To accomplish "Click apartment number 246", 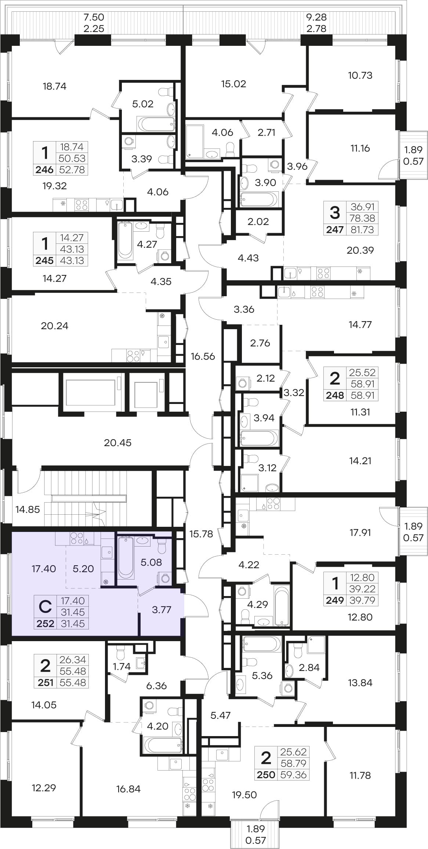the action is [x=44, y=170].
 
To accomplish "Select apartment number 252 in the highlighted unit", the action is [x=46, y=623].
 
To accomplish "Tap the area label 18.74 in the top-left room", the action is [x=54, y=86].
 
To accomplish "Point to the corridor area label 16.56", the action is [x=203, y=356].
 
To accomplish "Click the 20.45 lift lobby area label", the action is [x=117, y=442].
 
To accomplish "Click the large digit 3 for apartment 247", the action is [x=335, y=213].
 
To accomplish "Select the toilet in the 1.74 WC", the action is [x=120, y=653].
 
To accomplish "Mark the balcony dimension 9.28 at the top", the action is [x=316, y=17].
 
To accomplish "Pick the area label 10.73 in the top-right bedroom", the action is [x=360, y=75].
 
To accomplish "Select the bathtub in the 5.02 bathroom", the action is [x=156, y=124].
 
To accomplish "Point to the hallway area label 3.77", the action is [x=162, y=609].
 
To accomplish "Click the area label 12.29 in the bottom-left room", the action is [x=44, y=787].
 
